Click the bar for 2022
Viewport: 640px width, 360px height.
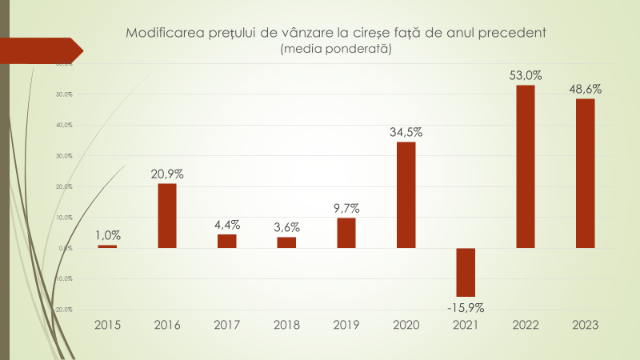(x=526, y=166)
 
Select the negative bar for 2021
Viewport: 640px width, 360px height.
(x=466, y=272)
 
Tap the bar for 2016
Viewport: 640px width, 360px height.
(x=166, y=216)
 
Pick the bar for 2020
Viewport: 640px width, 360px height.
(x=406, y=194)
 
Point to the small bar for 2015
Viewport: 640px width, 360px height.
(x=107, y=246)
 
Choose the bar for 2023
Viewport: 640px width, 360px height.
(x=585, y=173)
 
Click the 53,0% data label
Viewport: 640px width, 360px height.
(x=526, y=76)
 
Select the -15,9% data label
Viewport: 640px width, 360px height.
(x=466, y=307)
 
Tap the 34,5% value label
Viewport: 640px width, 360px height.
(x=406, y=133)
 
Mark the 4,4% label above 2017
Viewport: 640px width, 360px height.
(x=227, y=225)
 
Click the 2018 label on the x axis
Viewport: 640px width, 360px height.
(x=286, y=326)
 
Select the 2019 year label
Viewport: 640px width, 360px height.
(x=346, y=326)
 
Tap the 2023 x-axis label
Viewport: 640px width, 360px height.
(x=585, y=326)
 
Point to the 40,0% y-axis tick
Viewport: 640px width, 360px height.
(x=63, y=125)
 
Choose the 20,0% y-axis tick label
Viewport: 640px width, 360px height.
(x=63, y=186)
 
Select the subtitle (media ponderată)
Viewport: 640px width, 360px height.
(x=335, y=49)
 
